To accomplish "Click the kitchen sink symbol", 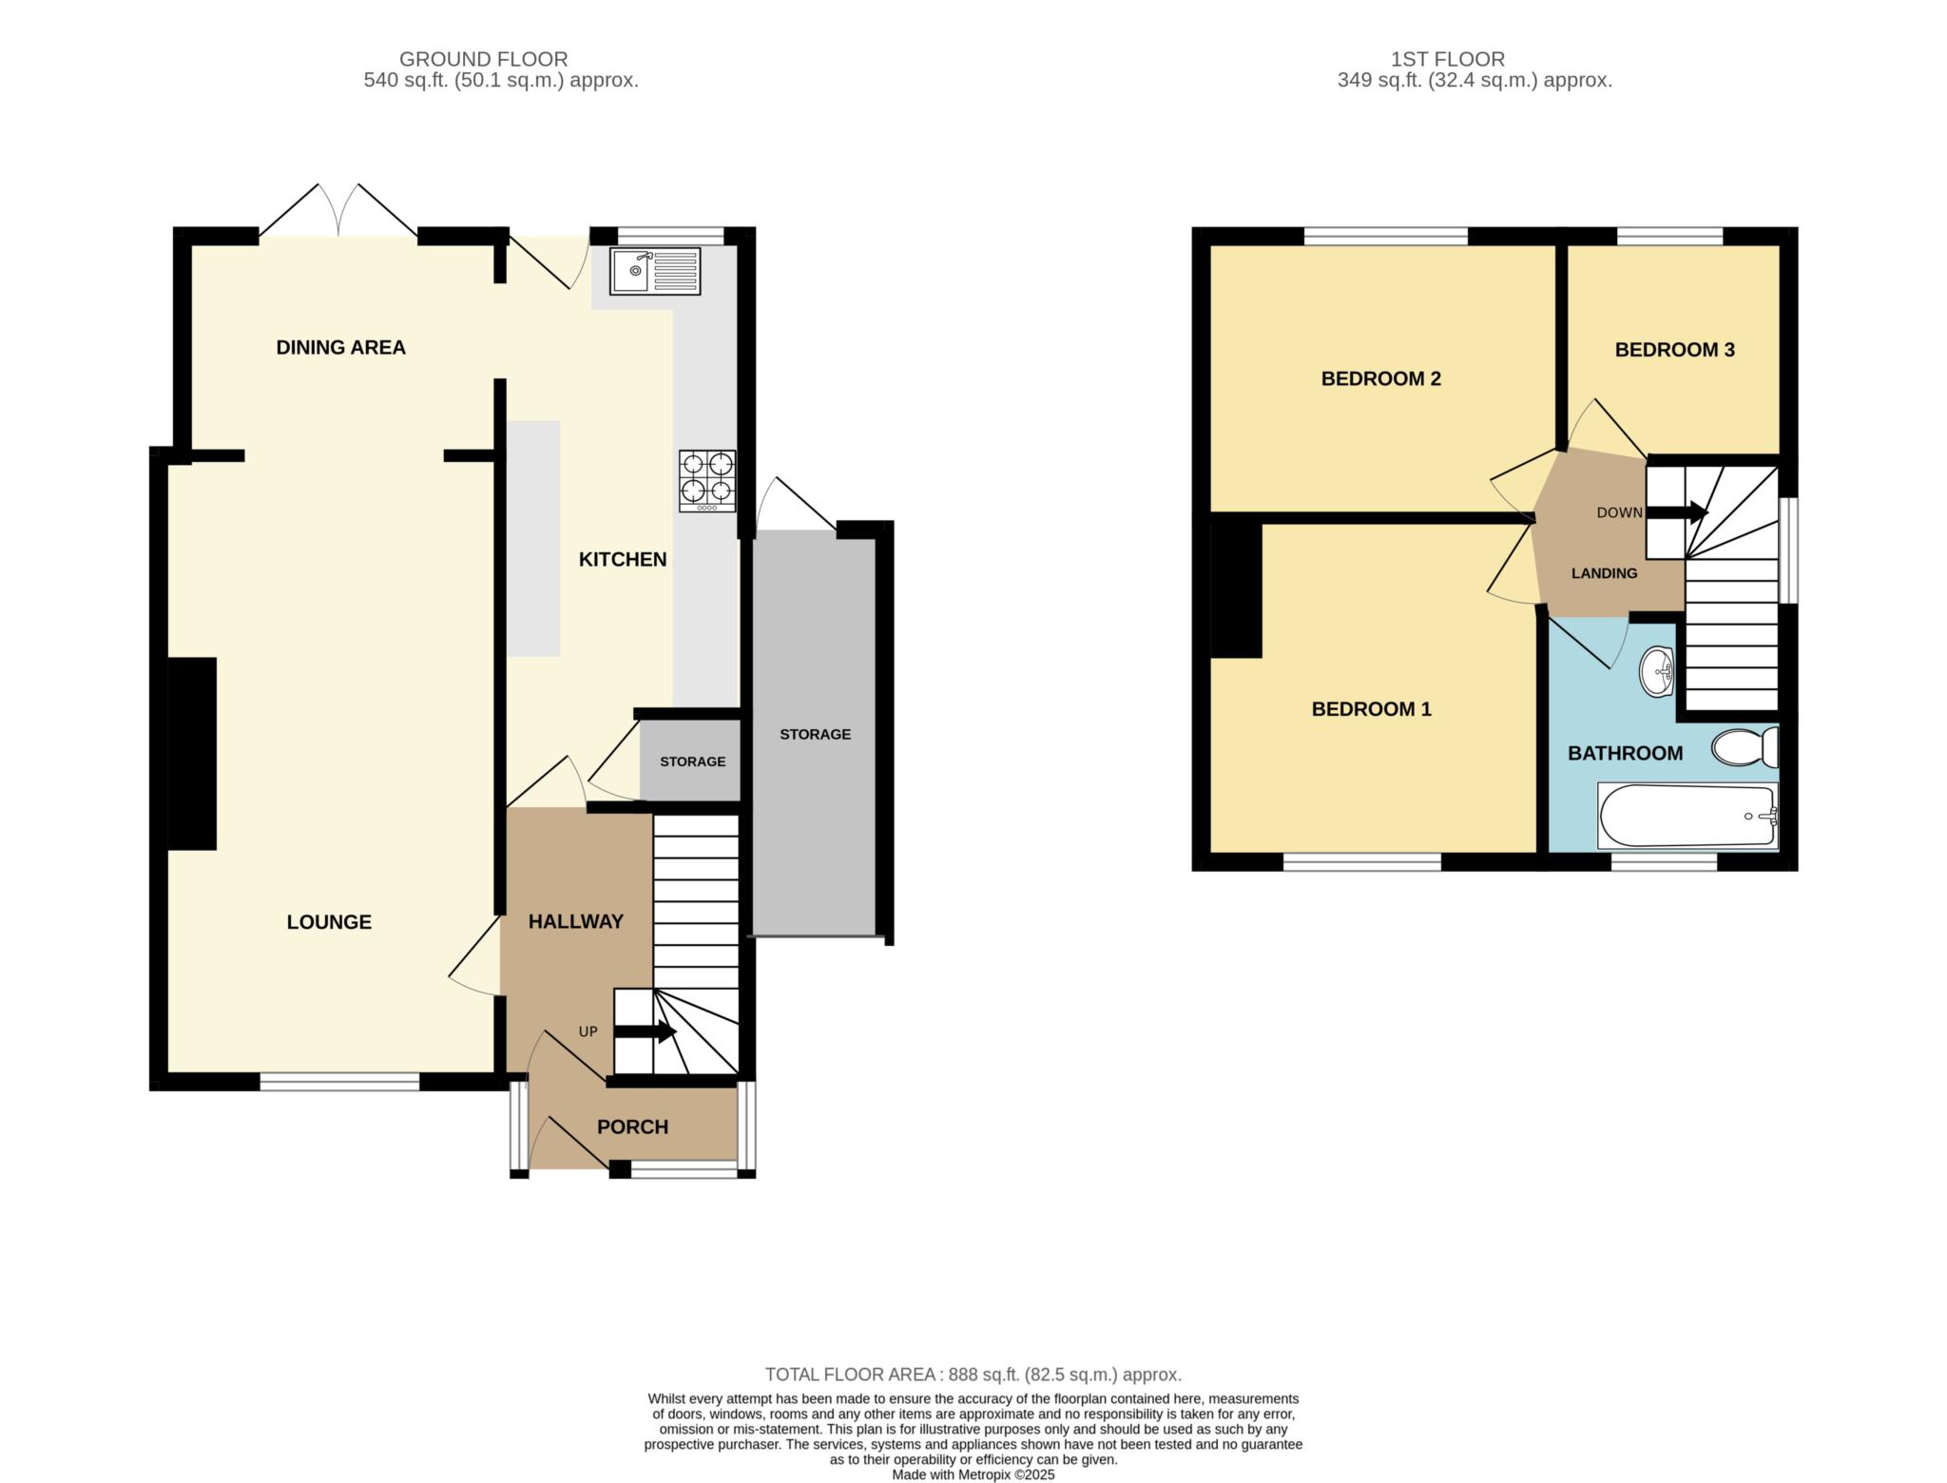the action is (x=655, y=271).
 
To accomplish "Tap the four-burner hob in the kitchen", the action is (x=707, y=481).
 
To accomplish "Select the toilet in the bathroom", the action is (x=1745, y=747).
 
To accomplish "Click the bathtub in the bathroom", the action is (x=1688, y=816).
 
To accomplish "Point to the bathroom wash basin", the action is (x=1658, y=672).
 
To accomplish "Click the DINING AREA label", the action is (x=340, y=348).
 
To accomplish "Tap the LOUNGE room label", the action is (x=329, y=922).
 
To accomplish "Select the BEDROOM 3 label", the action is (x=1674, y=350).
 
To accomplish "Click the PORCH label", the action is (x=632, y=1127).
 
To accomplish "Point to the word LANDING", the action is (x=1604, y=573).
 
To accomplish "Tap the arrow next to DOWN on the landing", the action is (x=1677, y=513).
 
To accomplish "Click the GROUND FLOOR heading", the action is (x=483, y=59).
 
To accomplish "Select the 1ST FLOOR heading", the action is (x=1448, y=59).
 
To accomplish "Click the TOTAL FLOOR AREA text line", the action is (x=973, y=1375).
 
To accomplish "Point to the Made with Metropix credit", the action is (x=973, y=1475).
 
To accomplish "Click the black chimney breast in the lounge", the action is (x=192, y=753).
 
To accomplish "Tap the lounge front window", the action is (x=339, y=1082).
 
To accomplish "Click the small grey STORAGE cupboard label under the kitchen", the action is (x=692, y=761).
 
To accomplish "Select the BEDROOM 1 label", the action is (x=1371, y=709).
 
